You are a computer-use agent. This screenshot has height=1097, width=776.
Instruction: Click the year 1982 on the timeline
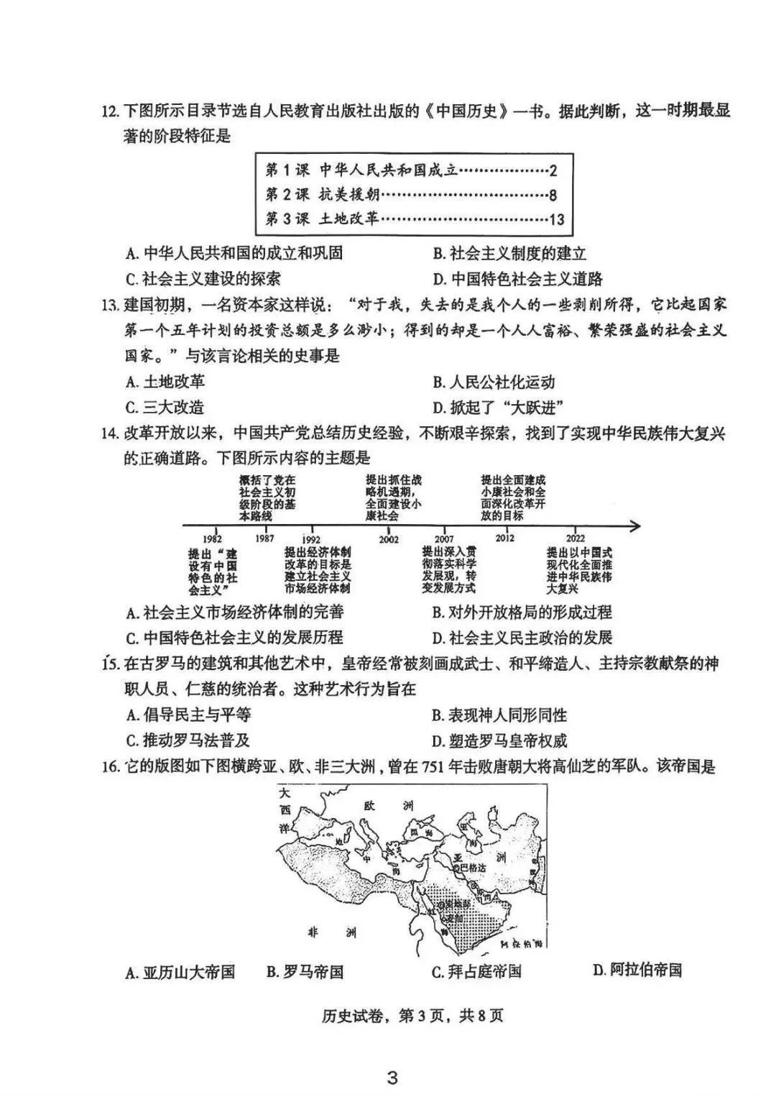(212, 539)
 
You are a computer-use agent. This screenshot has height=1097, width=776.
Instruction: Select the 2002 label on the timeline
(389, 539)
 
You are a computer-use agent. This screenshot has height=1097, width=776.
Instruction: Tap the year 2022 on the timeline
(576, 538)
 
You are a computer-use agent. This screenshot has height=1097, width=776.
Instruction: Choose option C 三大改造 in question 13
(165, 407)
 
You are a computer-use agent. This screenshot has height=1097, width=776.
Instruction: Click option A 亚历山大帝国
(180, 972)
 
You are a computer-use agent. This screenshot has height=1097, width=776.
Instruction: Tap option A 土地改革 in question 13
(165, 382)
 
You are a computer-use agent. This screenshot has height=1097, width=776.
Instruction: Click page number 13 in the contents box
(556, 219)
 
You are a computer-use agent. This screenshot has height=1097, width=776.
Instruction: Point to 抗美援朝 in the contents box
(349, 195)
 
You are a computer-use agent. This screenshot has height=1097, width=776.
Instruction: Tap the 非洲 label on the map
(331, 932)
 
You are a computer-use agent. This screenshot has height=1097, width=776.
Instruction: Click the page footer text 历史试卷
(348, 1016)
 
